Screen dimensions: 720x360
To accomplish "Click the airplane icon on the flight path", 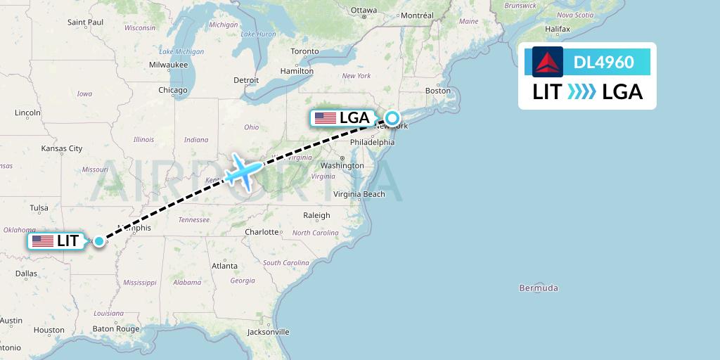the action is (x=241, y=171).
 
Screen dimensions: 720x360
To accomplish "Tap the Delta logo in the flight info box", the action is (x=548, y=62).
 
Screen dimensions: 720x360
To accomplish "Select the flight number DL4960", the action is (x=604, y=62).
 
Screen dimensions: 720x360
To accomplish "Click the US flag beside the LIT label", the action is (x=43, y=241).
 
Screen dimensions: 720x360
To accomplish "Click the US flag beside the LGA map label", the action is (x=325, y=118).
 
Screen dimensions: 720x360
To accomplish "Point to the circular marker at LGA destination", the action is (x=392, y=118).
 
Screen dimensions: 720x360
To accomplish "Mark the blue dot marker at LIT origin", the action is (x=99, y=241).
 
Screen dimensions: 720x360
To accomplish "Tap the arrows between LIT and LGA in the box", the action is (x=581, y=91).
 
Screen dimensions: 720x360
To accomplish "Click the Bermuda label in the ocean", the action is (x=538, y=288).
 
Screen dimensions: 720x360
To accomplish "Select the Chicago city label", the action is (x=172, y=90).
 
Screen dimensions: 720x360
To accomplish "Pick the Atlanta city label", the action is (x=224, y=266).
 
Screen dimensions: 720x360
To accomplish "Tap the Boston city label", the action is (x=437, y=91).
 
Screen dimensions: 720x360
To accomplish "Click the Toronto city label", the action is (x=304, y=52).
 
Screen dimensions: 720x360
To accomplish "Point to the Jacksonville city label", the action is (x=268, y=332).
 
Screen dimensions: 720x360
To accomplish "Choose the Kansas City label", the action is (x=62, y=148).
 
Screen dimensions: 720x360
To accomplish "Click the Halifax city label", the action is (x=557, y=29).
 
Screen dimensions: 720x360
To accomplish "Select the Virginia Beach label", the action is (x=359, y=194).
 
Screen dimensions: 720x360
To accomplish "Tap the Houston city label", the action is (x=49, y=330).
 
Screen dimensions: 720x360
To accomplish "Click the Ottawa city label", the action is (x=364, y=11).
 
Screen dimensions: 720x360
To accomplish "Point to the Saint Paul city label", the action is (x=86, y=22).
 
